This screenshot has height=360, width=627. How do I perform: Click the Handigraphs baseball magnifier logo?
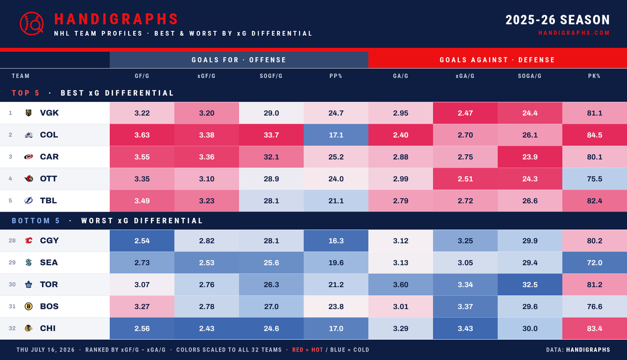(x=32, y=24)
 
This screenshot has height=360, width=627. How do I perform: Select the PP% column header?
(x=336, y=76)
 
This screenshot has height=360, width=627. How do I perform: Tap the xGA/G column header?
(x=465, y=76)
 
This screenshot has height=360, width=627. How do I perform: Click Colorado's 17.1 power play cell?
(x=336, y=135)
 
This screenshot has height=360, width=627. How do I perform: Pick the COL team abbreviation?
(x=49, y=135)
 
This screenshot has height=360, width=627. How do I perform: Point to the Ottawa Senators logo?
(x=29, y=179)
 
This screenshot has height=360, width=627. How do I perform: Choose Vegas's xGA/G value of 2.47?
(x=465, y=113)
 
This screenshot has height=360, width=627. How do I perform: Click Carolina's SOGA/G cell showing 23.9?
(x=530, y=157)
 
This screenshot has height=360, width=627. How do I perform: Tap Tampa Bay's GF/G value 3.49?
(x=142, y=201)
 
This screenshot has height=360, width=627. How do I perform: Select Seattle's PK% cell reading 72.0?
(x=595, y=263)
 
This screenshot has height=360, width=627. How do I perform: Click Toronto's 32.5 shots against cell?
(x=530, y=284)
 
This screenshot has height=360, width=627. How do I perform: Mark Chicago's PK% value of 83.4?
(x=595, y=328)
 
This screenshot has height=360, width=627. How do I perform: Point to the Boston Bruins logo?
(x=29, y=306)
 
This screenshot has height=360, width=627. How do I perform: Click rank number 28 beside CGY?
(x=12, y=240)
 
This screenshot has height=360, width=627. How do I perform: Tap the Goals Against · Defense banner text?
(x=497, y=60)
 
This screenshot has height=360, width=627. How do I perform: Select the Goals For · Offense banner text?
(x=239, y=60)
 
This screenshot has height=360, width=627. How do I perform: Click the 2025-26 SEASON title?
(x=558, y=20)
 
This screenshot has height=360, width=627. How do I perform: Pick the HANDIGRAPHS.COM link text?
(x=574, y=33)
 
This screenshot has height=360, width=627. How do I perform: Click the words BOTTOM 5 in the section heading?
(x=36, y=220)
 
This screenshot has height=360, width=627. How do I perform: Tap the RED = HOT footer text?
(x=308, y=350)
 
